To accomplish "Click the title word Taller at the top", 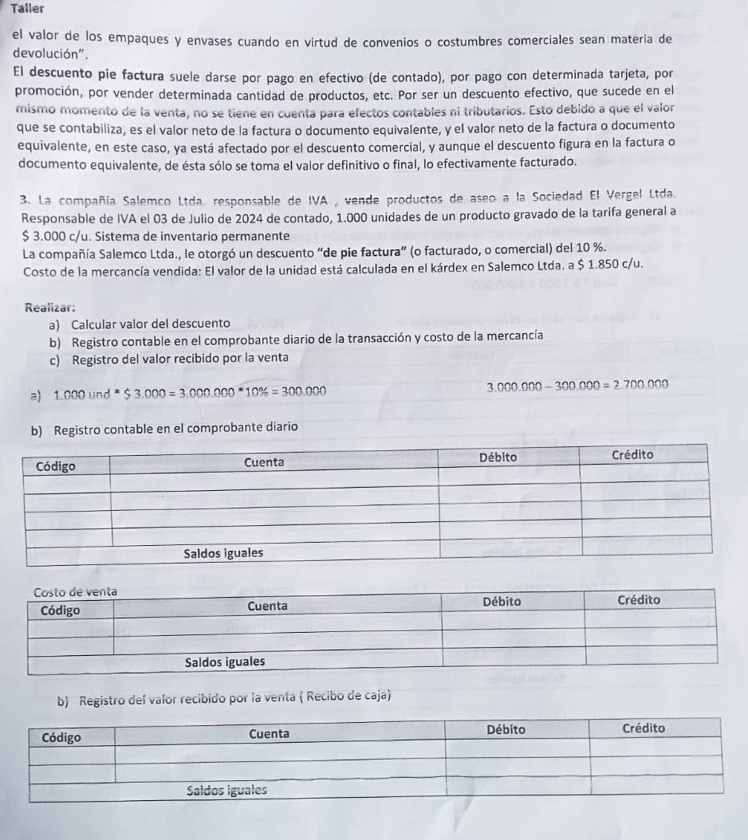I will (27, 8).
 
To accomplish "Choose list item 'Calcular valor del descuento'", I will (151, 324).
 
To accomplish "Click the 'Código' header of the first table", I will (57, 466).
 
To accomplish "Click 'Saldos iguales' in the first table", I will (223, 553).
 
